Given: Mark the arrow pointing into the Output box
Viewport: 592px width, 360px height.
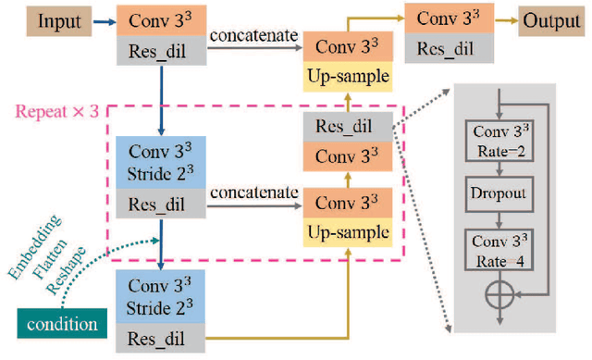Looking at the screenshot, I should [x=504, y=19].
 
